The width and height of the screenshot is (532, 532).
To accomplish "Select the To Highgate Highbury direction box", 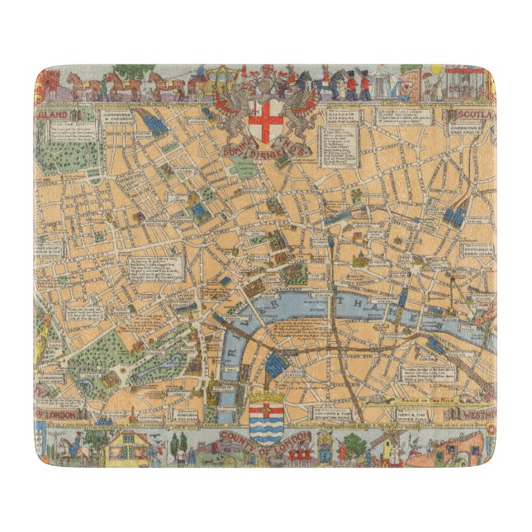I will coord(343,119).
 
